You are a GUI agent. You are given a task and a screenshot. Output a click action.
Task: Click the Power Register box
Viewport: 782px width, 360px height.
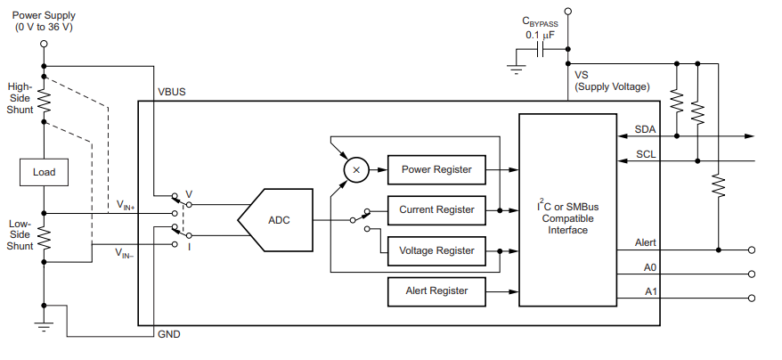coord(436,170)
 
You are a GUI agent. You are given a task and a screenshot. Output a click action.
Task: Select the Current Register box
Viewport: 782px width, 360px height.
coord(436,210)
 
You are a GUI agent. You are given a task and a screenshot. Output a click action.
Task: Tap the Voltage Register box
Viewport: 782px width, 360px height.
coord(436,250)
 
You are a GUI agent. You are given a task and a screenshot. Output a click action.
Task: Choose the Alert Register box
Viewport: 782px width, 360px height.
coord(436,291)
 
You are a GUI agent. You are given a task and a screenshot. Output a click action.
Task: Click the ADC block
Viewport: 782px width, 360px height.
coord(275,220)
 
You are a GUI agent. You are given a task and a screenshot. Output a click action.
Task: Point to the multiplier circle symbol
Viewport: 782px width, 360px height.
coord(356,170)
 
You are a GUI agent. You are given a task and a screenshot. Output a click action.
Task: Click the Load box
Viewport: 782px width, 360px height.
coord(44,172)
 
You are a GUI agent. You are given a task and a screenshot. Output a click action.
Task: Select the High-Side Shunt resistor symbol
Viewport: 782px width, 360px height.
coord(44,100)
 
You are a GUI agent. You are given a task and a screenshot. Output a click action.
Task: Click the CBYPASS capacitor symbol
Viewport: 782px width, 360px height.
coord(540,49)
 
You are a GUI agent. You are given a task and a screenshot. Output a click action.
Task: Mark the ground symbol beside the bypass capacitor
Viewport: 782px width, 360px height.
coord(517,70)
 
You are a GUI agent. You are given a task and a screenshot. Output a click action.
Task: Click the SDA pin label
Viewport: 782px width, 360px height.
coord(645,129)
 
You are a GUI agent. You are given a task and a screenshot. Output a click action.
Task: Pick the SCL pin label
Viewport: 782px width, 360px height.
coord(646,154)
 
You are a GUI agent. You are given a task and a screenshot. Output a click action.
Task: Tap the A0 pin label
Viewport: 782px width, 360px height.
coord(650,267)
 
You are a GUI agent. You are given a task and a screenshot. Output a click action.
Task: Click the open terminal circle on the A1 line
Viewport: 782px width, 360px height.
coord(752,299)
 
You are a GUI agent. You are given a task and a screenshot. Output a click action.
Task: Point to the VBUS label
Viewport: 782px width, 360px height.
coord(172,93)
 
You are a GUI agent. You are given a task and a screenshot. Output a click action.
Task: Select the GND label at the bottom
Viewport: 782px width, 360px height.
coord(169,334)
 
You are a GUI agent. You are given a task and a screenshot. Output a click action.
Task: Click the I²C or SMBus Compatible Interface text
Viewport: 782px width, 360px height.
coord(568,217)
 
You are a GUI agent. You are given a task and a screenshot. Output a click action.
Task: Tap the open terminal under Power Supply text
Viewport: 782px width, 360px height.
coord(44,44)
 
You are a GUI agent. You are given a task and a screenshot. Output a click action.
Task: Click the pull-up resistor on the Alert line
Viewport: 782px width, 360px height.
coord(718,184)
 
